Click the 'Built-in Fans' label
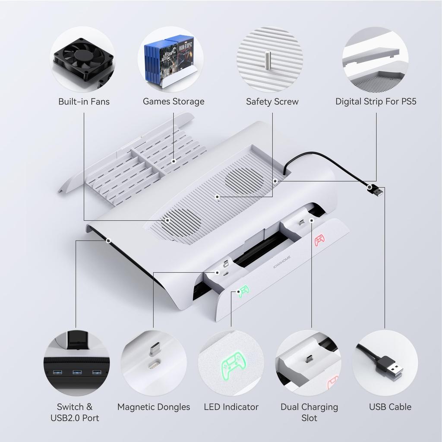(84, 102)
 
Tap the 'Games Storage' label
(174, 102)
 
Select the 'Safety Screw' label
(272, 102)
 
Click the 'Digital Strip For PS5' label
(376, 102)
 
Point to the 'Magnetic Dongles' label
(154, 407)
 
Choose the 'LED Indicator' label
(231, 407)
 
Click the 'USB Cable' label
(390, 407)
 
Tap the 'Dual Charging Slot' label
(309, 412)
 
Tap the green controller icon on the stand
(243, 292)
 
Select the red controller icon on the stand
(319, 240)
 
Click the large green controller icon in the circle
(234, 367)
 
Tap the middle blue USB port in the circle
(77, 372)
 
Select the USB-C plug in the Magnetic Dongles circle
(154, 349)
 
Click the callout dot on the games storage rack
(174, 161)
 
